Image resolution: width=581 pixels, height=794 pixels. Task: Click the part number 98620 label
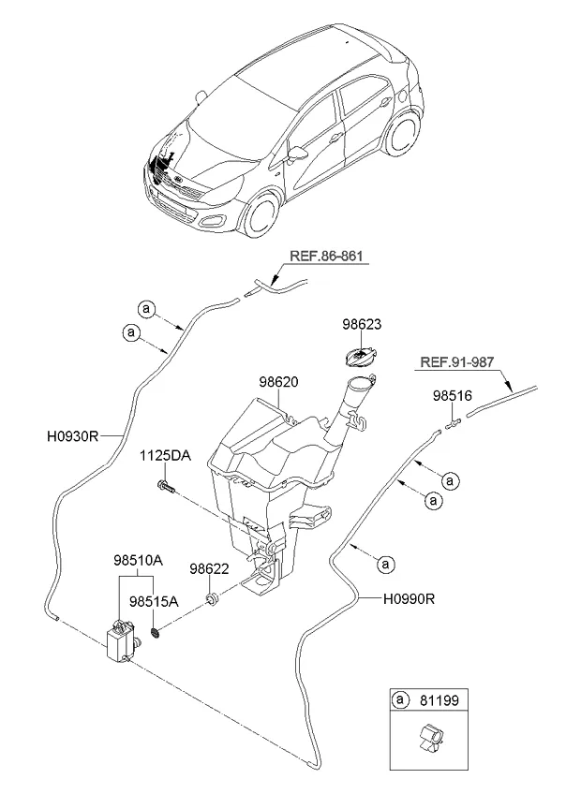coord(278,382)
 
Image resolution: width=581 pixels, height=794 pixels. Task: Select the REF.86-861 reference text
coord(326,257)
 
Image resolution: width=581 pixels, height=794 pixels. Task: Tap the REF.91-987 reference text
coord(456,362)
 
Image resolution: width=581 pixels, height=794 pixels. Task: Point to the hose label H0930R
coord(72,436)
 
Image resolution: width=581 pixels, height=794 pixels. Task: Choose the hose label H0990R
coord(409,599)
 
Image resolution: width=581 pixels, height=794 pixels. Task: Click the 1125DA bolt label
coord(165,456)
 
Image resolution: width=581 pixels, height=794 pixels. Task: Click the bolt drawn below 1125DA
coord(167,488)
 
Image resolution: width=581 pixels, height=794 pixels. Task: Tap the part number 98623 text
coord(362,324)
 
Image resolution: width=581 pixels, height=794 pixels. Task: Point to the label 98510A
coord(138,561)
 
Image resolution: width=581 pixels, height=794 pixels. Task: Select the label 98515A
coord(154,601)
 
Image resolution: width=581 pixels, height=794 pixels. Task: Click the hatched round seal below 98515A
coord(156,632)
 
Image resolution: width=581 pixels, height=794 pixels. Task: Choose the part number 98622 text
coord(209,569)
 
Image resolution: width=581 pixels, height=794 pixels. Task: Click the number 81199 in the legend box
coord(439,700)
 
